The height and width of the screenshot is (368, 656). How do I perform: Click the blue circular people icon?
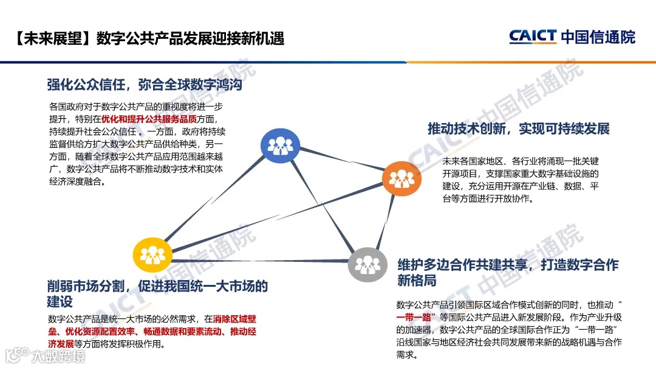pyautogui.click(x=280, y=145)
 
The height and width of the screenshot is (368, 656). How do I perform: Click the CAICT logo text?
pyautogui.click(x=533, y=37)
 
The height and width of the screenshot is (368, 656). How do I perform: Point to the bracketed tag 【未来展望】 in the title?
pyautogui.click(x=51, y=38)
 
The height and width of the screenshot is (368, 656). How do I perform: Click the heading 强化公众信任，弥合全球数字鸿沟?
pyautogui.click(x=145, y=85)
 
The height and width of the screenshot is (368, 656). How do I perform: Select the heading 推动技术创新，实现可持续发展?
pyautogui.click(x=518, y=129)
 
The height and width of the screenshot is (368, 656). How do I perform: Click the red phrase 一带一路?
pyautogui.click(x=414, y=317)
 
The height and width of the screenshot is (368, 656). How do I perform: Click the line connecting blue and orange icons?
pyautogui.click(x=340, y=161)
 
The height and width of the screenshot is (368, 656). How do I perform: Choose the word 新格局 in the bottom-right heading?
pyautogui.click(x=417, y=281)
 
